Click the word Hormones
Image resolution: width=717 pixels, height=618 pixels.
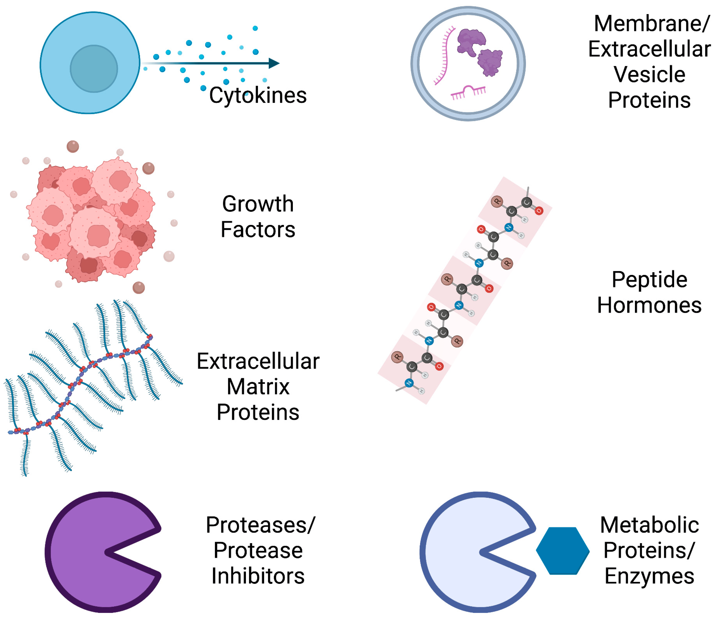(x=649, y=305)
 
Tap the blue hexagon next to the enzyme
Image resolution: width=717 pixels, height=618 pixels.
(x=563, y=551)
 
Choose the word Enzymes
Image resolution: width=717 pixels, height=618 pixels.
(x=649, y=576)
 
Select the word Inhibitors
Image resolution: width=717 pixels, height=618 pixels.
(x=258, y=576)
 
